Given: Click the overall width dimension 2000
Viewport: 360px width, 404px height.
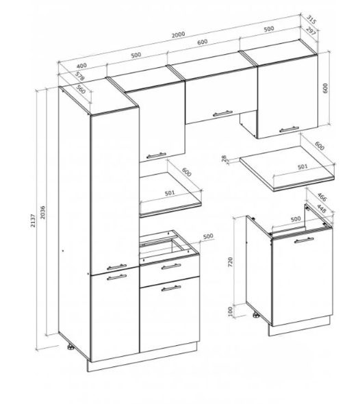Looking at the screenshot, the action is click(178, 34).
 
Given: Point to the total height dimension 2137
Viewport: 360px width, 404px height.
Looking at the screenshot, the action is click(33, 220).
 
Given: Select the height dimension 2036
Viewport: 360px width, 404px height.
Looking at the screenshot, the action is click(42, 212).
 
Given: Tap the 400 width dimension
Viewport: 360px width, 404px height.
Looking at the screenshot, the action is click(81, 66).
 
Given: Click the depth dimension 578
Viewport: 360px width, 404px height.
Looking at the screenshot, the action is click(79, 76).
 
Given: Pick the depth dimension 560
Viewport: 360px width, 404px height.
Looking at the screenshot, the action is click(81, 89).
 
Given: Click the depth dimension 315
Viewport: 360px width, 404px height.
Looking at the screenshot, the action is click(311, 20).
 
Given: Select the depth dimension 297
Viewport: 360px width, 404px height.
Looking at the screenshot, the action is click(311, 30).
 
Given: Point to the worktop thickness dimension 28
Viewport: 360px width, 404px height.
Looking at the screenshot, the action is click(224, 158).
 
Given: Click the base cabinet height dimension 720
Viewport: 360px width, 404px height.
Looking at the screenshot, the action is click(230, 262).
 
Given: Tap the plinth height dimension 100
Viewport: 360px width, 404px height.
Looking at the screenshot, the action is click(230, 310).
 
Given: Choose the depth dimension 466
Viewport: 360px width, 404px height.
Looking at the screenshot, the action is click(322, 197).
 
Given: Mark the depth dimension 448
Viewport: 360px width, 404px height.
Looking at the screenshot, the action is click(321, 208).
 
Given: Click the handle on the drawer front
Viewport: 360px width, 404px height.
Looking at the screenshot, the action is click(171, 266).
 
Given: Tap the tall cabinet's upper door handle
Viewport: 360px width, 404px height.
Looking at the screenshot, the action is click(116, 267).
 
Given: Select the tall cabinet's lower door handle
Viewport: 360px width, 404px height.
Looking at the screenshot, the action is click(116, 277).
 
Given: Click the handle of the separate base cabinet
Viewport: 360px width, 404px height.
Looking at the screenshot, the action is click(304, 240).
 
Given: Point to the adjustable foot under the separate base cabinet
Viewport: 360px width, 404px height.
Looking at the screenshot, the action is click(256, 316).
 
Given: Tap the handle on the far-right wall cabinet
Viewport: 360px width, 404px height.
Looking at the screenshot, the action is click(289, 129).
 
